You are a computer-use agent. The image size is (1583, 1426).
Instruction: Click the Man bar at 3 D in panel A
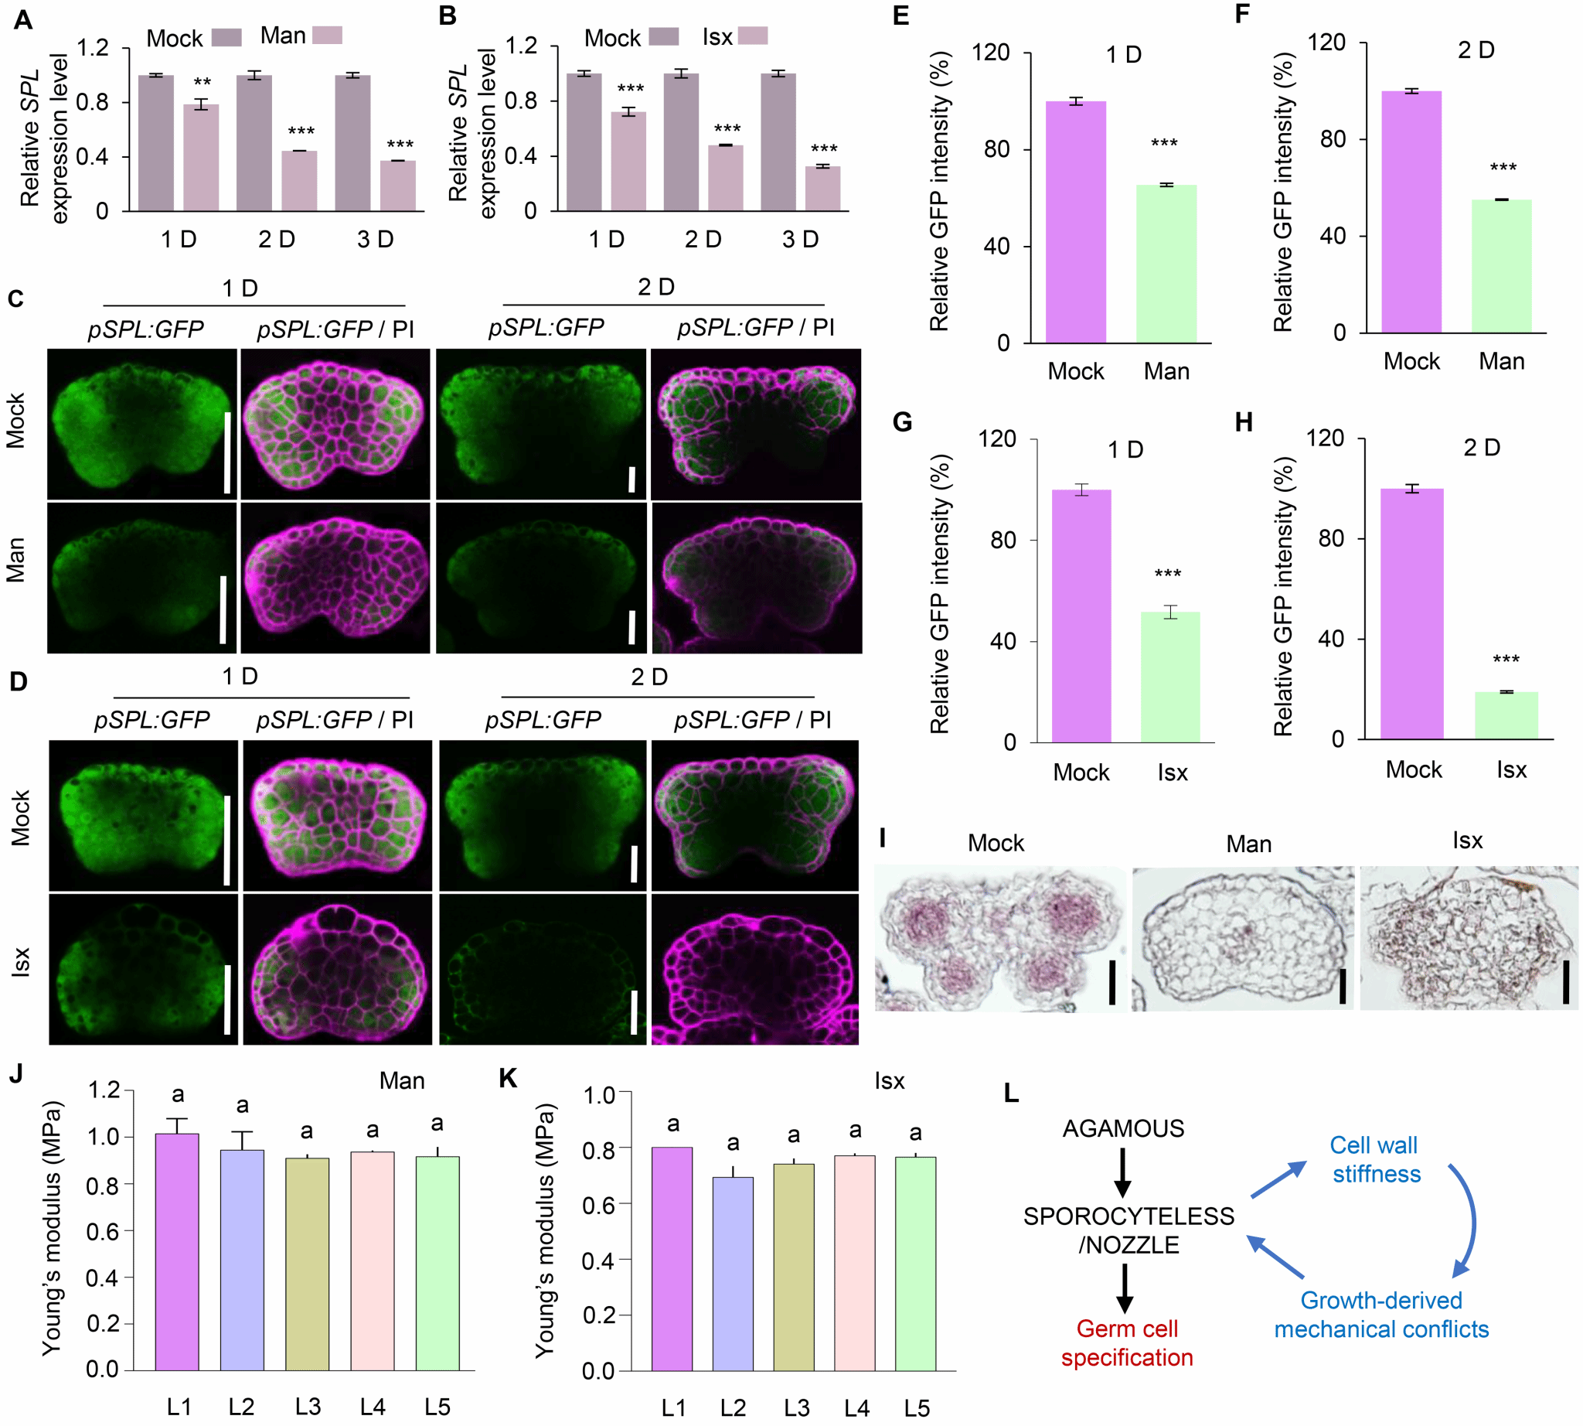click(398, 186)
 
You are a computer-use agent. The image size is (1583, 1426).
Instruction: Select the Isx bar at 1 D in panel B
click(628, 162)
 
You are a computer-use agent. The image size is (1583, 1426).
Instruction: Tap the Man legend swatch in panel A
click(327, 36)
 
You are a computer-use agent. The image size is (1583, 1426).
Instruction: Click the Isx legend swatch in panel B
click(753, 36)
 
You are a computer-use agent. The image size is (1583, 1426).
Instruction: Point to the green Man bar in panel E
click(1166, 264)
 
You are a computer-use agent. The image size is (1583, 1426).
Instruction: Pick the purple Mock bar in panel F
click(1411, 213)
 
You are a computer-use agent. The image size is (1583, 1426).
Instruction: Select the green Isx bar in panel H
click(1506, 715)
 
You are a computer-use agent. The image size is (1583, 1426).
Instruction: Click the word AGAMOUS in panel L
click(1123, 1128)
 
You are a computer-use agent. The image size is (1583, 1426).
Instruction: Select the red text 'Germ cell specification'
click(1126, 1343)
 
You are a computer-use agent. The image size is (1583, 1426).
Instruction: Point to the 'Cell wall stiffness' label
click(1375, 1160)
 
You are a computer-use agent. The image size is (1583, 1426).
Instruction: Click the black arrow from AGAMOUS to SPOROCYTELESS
click(1122, 1172)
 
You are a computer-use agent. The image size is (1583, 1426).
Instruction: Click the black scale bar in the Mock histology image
click(1112, 984)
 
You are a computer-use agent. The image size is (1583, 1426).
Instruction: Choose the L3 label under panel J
click(307, 1407)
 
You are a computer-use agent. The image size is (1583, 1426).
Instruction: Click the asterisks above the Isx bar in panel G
click(1167, 575)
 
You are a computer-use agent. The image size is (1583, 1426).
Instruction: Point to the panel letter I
click(883, 838)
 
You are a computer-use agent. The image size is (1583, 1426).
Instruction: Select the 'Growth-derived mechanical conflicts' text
click(1381, 1315)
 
